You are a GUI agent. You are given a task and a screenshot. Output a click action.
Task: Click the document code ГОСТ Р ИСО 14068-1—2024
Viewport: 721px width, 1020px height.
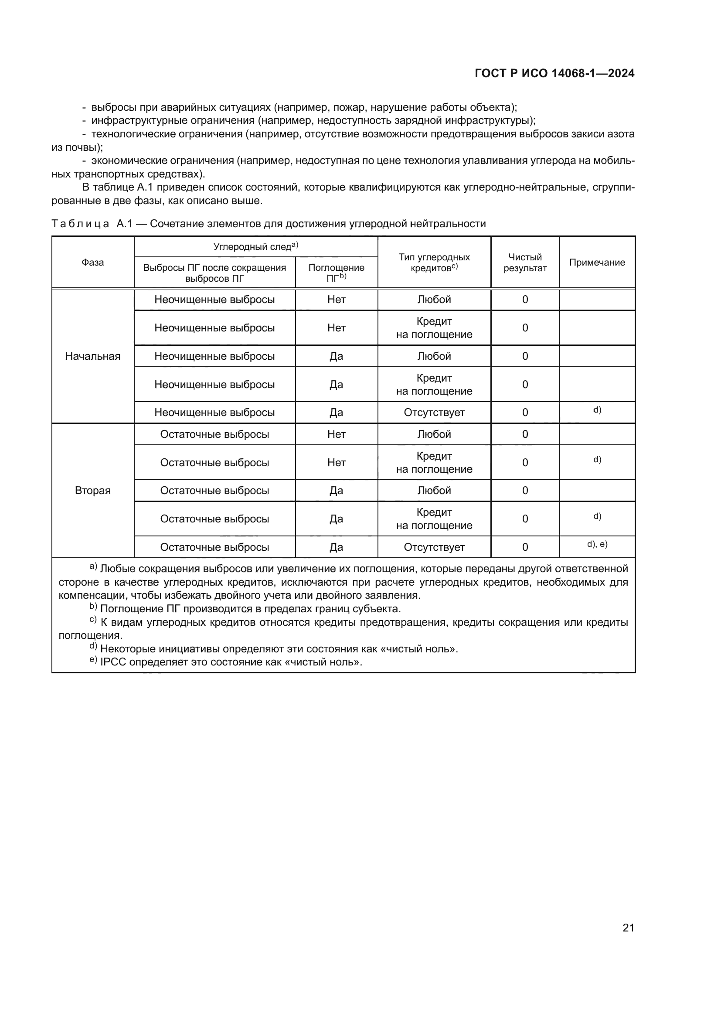[554, 73]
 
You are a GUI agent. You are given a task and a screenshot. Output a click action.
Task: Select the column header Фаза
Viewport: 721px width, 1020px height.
[92, 262]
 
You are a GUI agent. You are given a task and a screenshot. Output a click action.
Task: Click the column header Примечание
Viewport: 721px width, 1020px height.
[597, 262]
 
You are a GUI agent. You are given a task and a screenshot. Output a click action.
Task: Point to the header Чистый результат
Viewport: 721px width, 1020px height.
[525, 263]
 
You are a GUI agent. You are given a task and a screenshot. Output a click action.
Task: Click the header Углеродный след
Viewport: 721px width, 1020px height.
[255, 246]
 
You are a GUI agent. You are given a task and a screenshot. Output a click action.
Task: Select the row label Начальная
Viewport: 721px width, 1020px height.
[92, 356]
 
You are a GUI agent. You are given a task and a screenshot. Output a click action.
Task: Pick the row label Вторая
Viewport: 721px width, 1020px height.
[92, 491]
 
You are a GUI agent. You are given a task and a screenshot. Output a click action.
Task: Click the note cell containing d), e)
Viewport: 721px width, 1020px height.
[597, 544]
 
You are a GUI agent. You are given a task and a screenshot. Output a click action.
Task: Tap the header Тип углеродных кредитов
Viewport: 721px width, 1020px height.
[434, 263]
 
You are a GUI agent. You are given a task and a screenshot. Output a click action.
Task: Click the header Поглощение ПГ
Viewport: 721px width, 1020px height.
[336, 272]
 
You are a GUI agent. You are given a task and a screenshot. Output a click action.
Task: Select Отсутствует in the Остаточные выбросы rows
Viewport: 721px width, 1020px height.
[434, 547]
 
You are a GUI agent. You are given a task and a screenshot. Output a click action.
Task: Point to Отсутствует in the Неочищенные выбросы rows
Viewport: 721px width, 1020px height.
[434, 412]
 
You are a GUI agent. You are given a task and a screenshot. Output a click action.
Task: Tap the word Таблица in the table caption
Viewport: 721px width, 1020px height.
[80, 223]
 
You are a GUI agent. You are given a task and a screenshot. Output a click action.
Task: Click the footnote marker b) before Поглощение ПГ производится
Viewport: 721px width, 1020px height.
[93, 607]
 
